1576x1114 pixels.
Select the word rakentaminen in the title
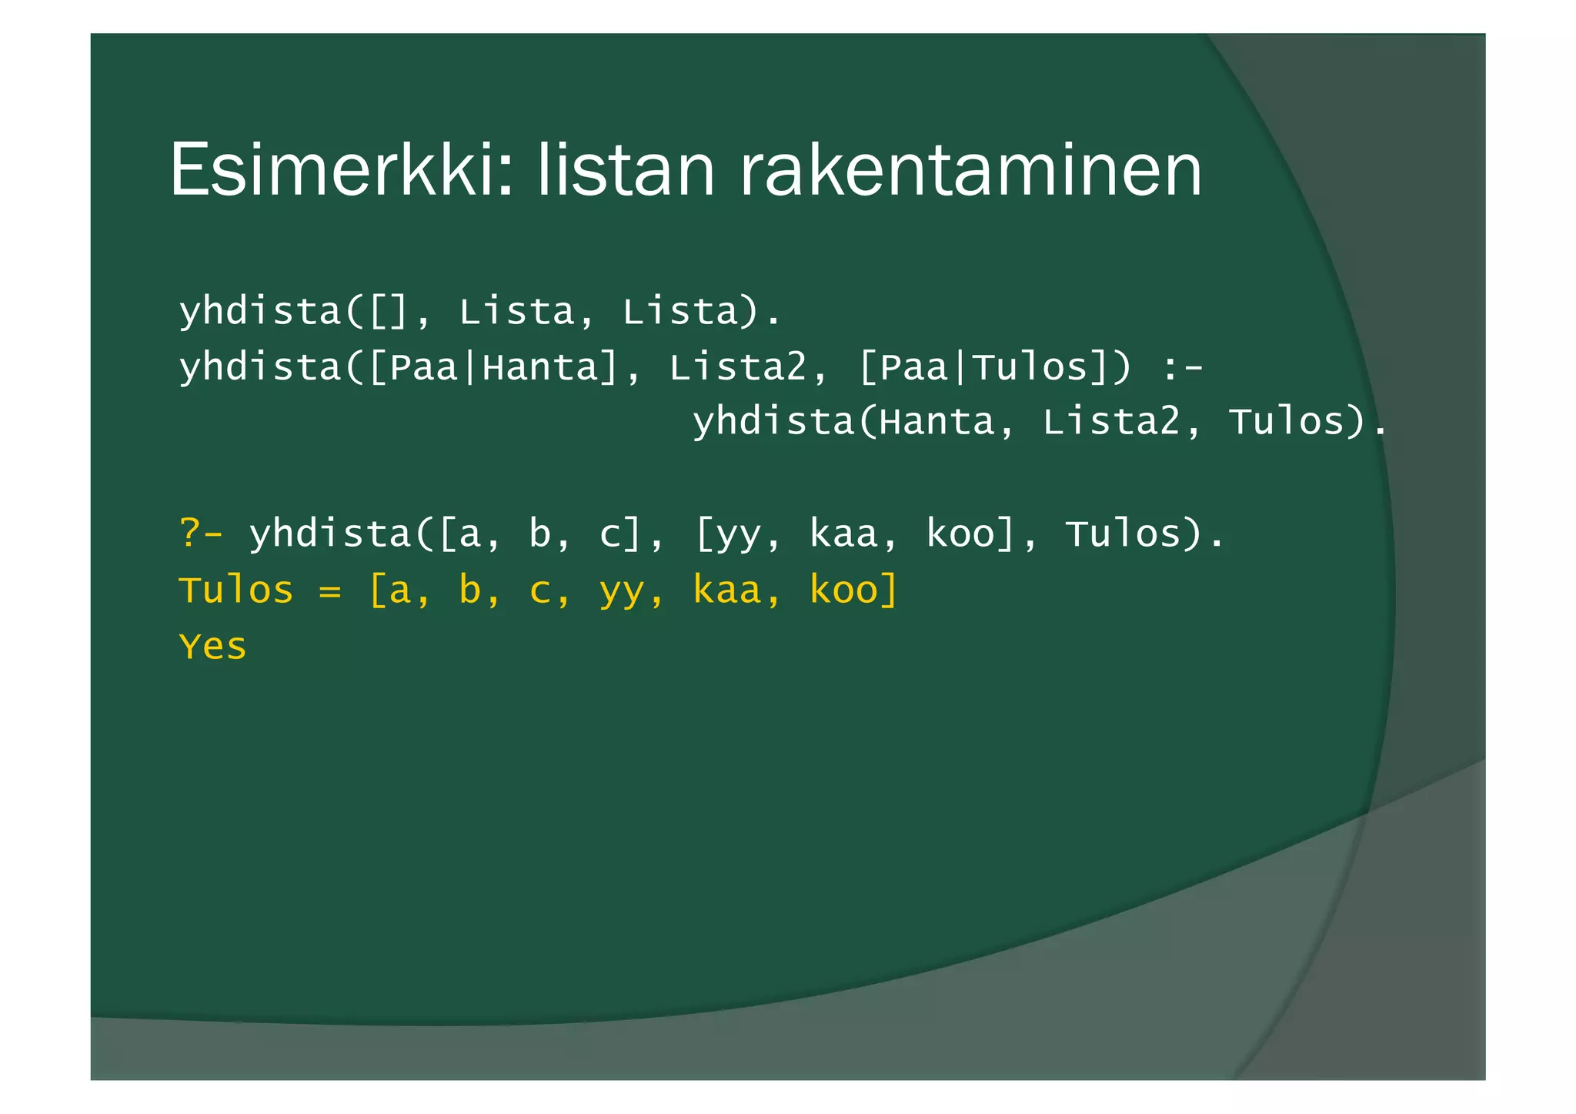(x=970, y=171)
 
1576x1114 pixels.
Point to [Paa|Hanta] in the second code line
(x=493, y=367)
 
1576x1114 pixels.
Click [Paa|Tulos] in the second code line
(x=983, y=367)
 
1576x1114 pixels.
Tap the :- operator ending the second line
(x=1182, y=367)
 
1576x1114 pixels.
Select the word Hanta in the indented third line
(x=937, y=422)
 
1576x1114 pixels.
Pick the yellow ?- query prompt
(x=201, y=534)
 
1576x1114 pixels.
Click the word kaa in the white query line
(x=843, y=534)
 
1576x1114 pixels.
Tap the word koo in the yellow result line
(x=843, y=590)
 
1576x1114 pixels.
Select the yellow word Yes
(x=212, y=646)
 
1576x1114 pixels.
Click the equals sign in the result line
(x=330, y=590)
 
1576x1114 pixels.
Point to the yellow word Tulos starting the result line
(x=236, y=590)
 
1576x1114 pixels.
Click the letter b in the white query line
(x=539, y=534)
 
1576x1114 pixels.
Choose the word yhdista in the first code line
(x=260, y=312)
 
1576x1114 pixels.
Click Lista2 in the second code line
(x=738, y=367)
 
